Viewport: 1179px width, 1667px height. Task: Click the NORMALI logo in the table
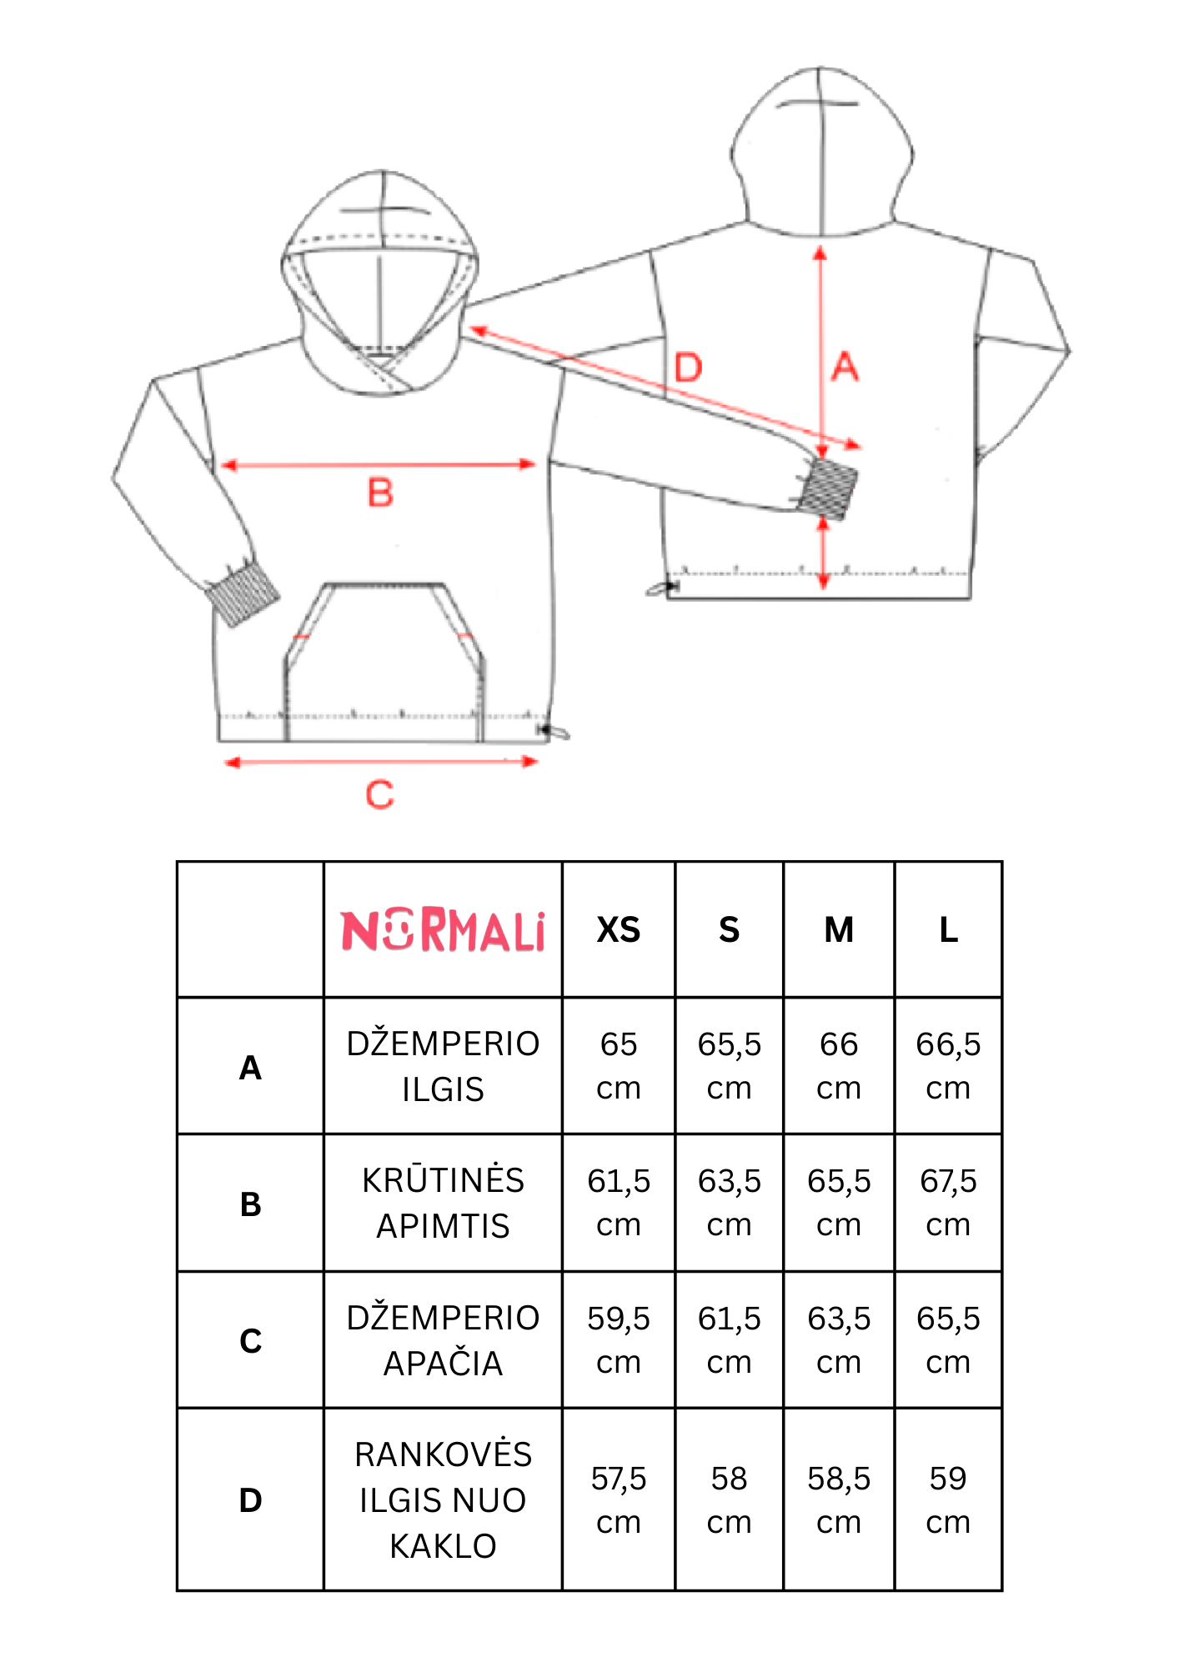[443, 930]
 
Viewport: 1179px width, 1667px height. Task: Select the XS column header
[619, 930]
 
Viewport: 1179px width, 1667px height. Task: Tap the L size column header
[949, 930]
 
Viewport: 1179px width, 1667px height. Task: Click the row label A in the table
[250, 1068]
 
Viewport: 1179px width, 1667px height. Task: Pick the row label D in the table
[250, 1500]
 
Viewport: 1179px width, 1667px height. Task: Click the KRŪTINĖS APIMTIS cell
[443, 1203]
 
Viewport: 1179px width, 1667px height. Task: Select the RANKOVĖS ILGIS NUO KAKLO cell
[443, 1500]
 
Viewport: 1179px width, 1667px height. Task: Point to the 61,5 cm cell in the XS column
[619, 1203]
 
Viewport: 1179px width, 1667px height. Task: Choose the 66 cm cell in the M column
[839, 1066]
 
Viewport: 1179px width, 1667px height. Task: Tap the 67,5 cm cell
[949, 1203]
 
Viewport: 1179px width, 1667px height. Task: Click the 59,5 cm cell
[619, 1340]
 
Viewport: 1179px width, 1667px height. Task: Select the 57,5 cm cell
[619, 1500]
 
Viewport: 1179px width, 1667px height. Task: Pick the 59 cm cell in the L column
[949, 1500]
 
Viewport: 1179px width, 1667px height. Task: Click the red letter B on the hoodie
[380, 493]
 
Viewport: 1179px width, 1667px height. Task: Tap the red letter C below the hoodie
[379, 794]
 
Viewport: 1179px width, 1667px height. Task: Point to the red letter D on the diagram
[689, 368]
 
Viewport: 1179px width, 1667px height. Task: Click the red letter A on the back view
[845, 367]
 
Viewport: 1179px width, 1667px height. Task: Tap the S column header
[730, 930]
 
